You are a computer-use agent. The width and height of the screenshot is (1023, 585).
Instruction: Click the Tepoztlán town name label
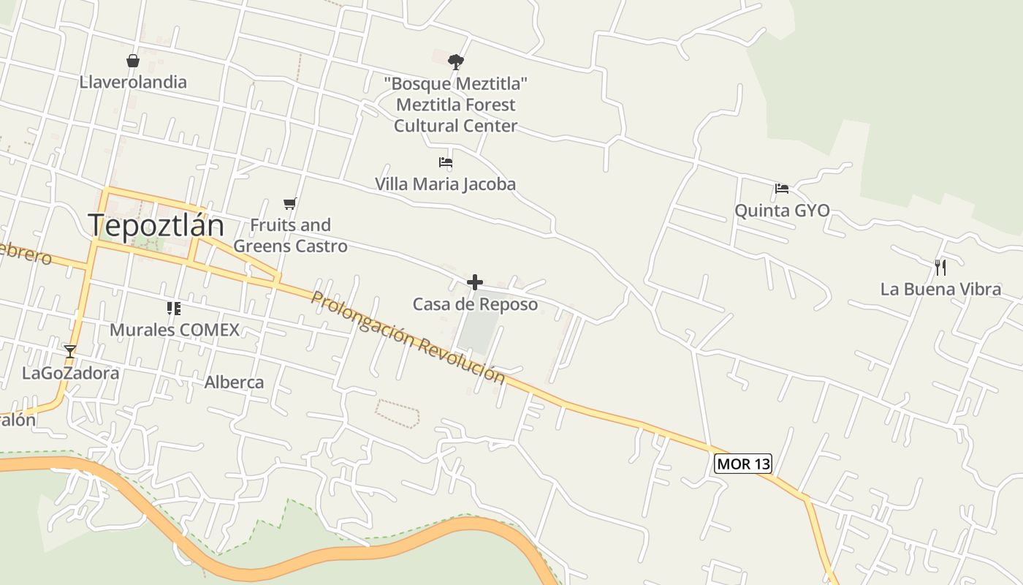tap(156, 224)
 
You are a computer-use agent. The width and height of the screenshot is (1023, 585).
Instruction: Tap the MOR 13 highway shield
tap(742, 464)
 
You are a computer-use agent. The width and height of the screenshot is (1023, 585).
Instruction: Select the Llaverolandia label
tap(133, 82)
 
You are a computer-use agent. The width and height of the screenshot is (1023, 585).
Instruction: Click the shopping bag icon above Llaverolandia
tap(133, 60)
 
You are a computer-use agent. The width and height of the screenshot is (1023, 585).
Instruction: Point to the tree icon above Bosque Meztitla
tap(456, 61)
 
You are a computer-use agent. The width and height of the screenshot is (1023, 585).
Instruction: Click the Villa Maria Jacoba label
tap(445, 184)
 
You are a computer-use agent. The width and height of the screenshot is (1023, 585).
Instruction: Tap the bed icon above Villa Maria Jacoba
tap(445, 162)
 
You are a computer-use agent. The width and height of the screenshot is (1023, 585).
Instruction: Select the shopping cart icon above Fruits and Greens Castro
tap(290, 203)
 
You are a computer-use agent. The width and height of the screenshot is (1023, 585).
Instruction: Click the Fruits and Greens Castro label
tap(290, 235)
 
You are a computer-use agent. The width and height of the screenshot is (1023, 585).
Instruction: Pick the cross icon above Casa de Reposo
tap(475, 282)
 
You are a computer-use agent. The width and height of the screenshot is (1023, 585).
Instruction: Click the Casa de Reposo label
tap(475, 304)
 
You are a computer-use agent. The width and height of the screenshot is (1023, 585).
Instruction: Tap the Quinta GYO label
tap(782, 211)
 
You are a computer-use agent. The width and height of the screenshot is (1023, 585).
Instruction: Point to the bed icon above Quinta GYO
tap(782, 189)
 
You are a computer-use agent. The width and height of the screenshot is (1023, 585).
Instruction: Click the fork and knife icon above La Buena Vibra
tap(940, 267)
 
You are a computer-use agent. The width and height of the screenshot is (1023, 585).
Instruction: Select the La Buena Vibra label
tap(940, 289)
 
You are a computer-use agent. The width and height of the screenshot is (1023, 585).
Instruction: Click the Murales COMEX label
tap(174, 330)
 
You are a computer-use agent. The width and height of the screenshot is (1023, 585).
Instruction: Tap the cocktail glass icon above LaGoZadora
tap(69, 352)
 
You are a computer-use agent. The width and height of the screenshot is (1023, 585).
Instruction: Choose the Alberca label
tap(234, 382)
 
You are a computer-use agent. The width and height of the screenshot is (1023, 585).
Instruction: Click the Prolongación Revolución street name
tap(407, 337)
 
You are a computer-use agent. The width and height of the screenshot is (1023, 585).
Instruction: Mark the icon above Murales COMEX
tap(174, 309)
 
